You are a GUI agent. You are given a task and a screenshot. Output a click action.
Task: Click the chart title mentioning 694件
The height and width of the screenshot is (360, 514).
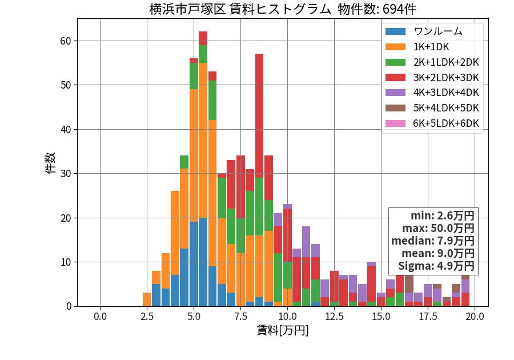click(x=283, y=9)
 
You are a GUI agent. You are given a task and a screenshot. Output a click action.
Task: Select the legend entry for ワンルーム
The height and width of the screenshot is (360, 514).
click(x=437, y=31)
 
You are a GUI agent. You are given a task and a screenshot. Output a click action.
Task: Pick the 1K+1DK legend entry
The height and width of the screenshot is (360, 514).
click(x=431, y=47)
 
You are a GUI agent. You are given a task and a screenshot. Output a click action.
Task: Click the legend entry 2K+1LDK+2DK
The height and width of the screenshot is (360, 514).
click(x=446, y=62)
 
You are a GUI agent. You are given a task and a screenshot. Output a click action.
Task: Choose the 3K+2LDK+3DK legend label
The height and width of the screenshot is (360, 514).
click(x=446, y=78)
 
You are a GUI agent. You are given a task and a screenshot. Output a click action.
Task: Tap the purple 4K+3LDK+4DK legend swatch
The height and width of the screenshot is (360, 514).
click(x=395, y=93)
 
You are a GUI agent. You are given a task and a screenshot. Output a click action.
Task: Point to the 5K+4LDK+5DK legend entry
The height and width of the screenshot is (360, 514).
click(x=446, y=108)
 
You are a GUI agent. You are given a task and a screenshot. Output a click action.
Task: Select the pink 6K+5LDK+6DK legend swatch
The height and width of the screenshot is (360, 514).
click(x=395, y=123)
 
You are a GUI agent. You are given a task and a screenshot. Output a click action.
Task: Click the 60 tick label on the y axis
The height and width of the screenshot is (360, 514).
click(x=66, y=41)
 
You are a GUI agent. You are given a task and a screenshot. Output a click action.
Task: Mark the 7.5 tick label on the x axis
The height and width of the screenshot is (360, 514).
click(x=240, y=317)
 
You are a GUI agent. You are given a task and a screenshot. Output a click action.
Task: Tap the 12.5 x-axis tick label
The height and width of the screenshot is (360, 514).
click(x=334, y=317)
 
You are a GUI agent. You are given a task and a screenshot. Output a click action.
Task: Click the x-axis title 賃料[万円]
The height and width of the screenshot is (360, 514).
click(x=283, y=330)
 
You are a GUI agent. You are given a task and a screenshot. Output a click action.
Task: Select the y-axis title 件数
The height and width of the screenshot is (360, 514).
click(x=50, y=163)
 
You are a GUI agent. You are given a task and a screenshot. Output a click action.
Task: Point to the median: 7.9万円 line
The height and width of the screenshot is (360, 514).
click(x=433, y=241)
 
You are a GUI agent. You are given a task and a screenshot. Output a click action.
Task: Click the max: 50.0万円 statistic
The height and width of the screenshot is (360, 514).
click(x=438, y=228)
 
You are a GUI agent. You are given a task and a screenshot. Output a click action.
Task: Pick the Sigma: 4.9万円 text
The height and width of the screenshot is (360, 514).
click(x=436, y=266)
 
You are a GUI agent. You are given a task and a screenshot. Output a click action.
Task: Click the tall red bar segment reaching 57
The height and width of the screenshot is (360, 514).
click(x=259, y=116)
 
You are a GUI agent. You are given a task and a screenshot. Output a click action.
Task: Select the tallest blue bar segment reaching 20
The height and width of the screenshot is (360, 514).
click(x=203, y=262)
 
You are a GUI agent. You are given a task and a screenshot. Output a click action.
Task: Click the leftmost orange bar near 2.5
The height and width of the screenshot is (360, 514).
click(x=147, y=299)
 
